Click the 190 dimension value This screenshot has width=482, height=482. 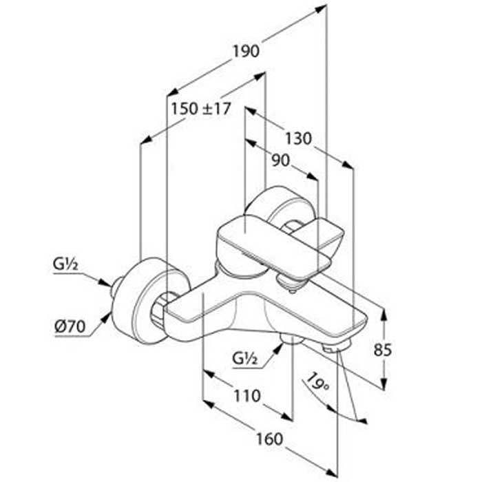246,51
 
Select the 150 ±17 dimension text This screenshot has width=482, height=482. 201,109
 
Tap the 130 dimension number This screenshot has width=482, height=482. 298,138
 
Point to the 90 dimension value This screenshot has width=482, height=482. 280,160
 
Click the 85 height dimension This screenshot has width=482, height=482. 382,350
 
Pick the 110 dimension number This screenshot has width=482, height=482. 247,396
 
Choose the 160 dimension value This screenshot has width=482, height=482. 269,439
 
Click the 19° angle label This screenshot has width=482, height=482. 317,382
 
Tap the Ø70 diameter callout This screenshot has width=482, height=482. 70,326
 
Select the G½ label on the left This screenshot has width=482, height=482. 65,264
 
